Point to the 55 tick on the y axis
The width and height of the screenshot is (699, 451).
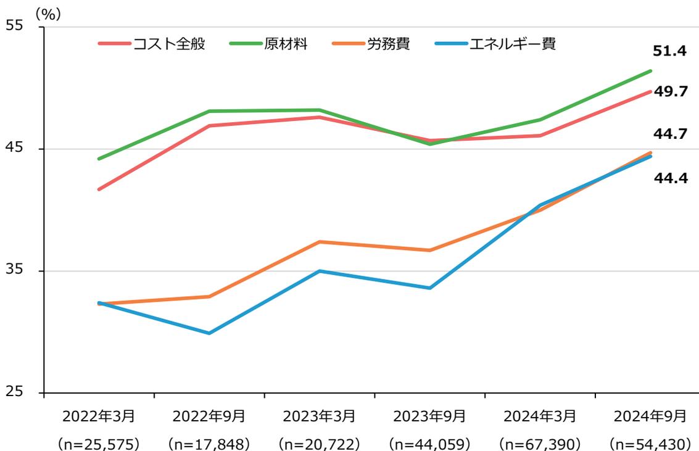pyautogui.click(x=14, y=27)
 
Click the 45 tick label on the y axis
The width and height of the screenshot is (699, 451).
pyautogui.click(x=14, y=149)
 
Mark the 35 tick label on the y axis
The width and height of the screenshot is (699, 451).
pyautogui.click(x=14, y=271)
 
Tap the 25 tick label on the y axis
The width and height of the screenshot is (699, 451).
pyautogui.click(x=14, y=392)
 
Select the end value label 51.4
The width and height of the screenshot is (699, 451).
pyautogui.click(x=670, y=51)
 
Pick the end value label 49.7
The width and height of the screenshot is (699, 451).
pyautogui.click(x=670, y=91)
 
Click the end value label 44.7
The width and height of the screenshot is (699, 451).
pyautogui.click(x=670, y=133)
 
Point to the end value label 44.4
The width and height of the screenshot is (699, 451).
pyautogui.click(x=670, y=180)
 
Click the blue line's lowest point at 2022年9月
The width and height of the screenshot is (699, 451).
pyautogui.click(x=209, y=333)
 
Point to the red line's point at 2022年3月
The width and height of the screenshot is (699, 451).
pyautogui.click(x=99, y=189)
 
